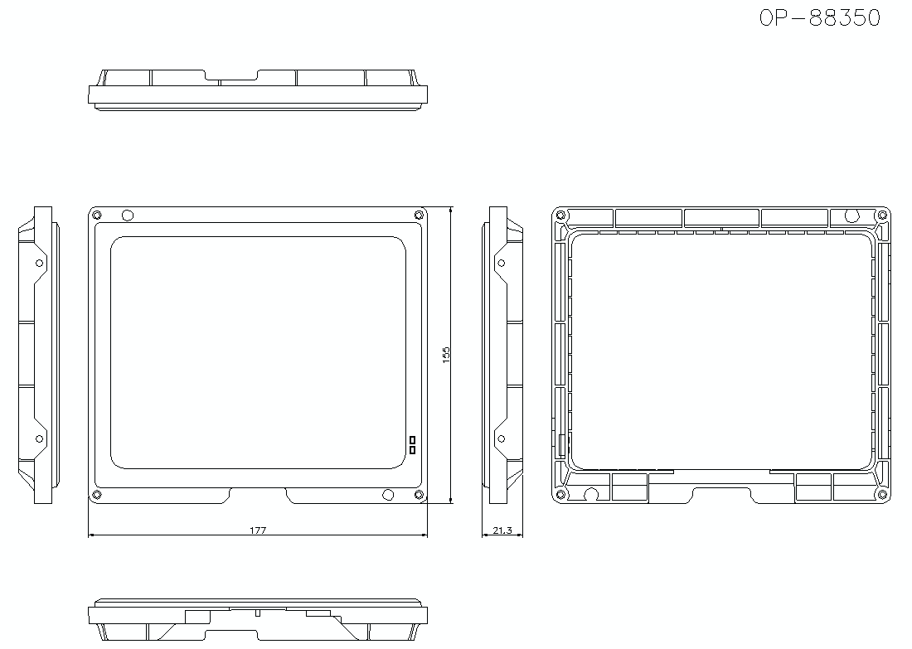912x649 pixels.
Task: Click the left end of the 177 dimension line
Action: click(x=89, y=535)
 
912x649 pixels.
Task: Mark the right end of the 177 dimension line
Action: click(x=428, y=535)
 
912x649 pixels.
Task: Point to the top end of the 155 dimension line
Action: click(x=451, y=207)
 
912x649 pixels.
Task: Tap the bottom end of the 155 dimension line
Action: click(x=451, y=503)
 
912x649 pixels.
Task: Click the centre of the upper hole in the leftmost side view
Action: click(x=40, y=263)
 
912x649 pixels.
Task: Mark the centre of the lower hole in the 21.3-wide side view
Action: click(x=502, y=438)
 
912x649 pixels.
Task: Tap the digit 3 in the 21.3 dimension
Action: click(x=510, y=530)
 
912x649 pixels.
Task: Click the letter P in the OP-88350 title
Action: click(x=783, y=18)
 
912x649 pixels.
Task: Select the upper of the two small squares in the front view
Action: click(x=412, y=439)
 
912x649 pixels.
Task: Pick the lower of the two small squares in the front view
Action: click(x=412, y=449)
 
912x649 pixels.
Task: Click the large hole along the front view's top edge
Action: click(x=128, y=216)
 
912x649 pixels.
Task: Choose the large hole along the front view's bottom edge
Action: click(x=388, y=495)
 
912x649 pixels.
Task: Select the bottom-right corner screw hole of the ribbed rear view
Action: click(x=882, y=494)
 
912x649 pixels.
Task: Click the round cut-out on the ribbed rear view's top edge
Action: click(x=852, y=216)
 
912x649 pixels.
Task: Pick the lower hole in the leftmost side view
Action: click(x=40, y=438)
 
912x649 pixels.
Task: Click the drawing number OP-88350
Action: click(x=820, y=18)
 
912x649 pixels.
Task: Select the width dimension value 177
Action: click(x=258, y=530)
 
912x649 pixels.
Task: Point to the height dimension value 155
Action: click(x=446, y=355)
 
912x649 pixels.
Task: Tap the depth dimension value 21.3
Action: click(x=502, y=530)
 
